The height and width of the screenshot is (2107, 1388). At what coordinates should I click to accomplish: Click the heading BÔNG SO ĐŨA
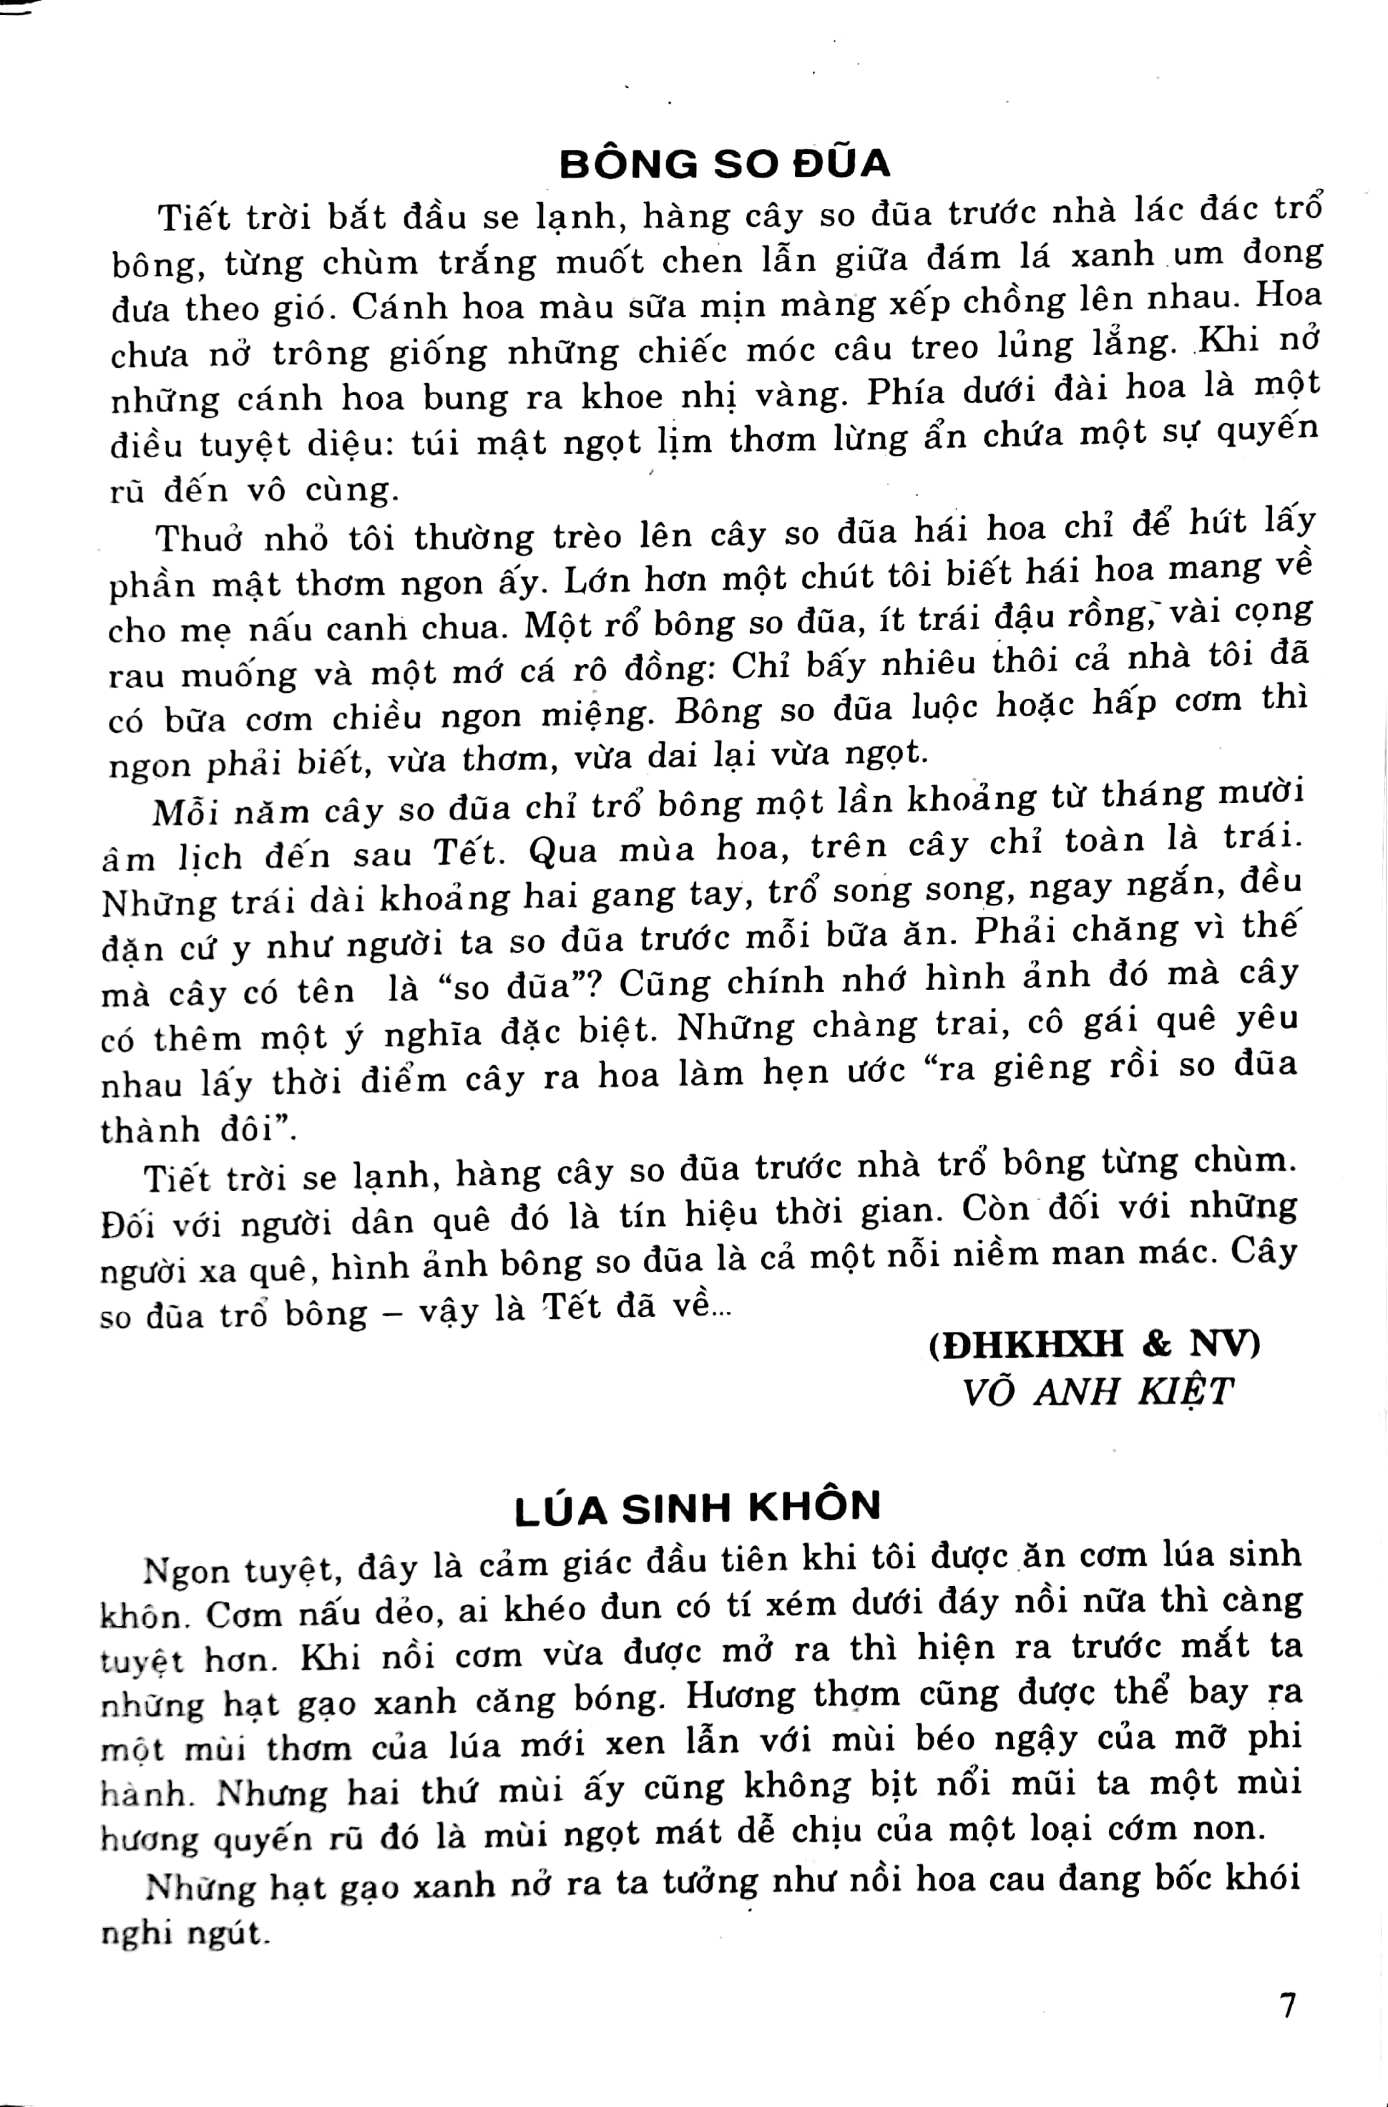[x=724, y=163]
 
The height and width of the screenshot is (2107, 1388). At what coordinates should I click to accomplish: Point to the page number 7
[x=1288, y=2005]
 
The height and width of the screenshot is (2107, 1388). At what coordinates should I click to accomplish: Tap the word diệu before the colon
[x=354, y=444]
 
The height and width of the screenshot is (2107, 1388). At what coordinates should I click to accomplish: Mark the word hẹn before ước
[x=801, y=1073]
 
